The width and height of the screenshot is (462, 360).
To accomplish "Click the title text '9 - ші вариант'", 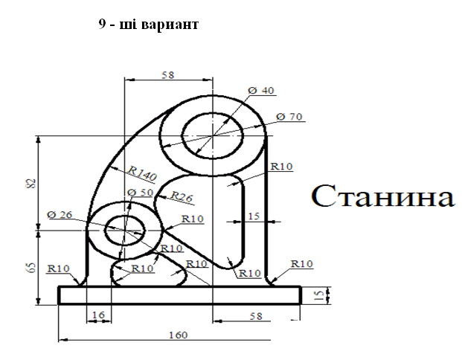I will (x=148, y=25).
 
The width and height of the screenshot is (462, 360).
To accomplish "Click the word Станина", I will (x=382, y=196).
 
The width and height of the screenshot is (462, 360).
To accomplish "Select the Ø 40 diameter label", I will (x=261, y=90).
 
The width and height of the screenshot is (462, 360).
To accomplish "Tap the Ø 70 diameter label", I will (x=290, y=117).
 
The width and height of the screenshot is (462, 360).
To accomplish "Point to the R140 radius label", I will (x=141, y=175).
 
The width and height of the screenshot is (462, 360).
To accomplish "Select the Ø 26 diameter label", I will (x=60, y=216).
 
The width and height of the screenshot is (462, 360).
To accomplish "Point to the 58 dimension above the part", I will (x=168, y=74).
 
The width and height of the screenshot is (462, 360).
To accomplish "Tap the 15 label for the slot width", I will (x=254, y=216).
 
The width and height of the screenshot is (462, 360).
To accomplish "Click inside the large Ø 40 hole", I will (x=212, y=135).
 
